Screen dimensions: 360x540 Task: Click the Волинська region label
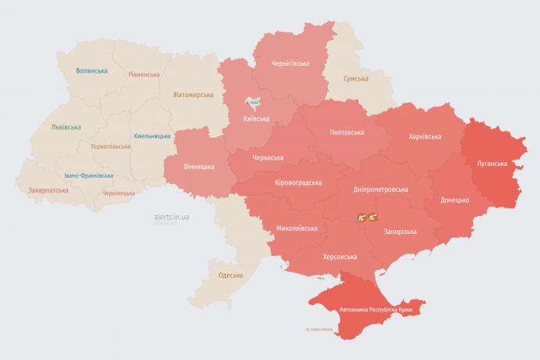[x=92, y=70]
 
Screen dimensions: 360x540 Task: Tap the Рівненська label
[x=144, y=74]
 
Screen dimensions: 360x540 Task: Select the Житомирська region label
[x=193, y=95]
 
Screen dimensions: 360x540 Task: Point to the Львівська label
[x=66, y=126]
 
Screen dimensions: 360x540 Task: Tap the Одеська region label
[x=230, y=275]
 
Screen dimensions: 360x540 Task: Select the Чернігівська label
[x=290, y=63]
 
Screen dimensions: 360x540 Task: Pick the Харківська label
[x=424, y=136]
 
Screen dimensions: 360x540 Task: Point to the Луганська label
[x=491, y=164]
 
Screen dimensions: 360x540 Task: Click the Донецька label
[x=455, y=200]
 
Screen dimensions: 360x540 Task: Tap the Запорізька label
[x=399, y=232]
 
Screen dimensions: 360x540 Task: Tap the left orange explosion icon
[x=362, y=218]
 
